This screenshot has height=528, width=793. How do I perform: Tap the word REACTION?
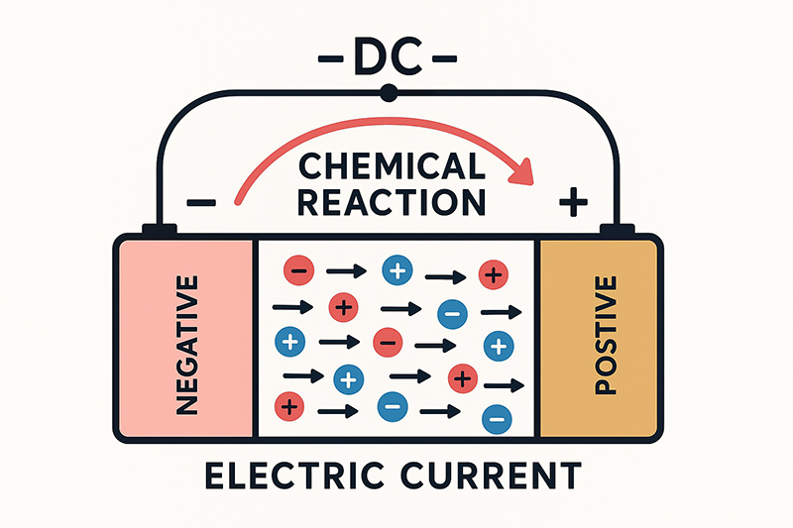393,201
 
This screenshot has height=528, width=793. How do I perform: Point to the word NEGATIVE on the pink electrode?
185,338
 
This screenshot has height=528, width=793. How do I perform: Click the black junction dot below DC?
389,93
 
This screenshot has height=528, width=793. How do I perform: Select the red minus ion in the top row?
299,268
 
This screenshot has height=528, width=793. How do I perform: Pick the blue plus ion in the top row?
396,269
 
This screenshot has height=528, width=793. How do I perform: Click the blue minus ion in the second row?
451,312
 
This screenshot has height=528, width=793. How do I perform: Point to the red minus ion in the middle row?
387,343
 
